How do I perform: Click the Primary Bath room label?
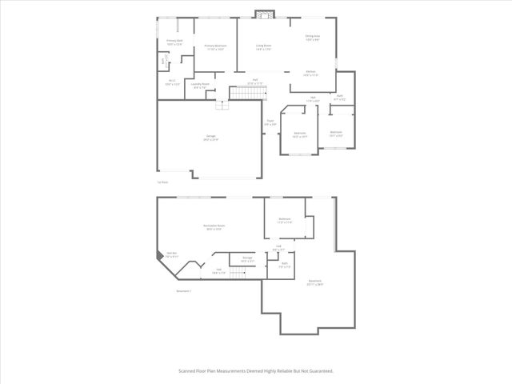pyautogui.click(x=175, y=41)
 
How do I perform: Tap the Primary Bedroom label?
pyautogui.click(x=215, y=46)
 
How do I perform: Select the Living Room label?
pyautogui.click(x=263, y=46)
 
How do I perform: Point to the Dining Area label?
pyautogui.click(x=312, y=37)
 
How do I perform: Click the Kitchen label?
pyautogui.click(x=310, y=72)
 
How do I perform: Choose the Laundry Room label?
pyautogui.click(x=200, y=84)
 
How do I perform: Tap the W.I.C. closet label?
pyautogui.click(x=172, y=81)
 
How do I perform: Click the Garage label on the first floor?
pyautogui.click(x=211, y=138)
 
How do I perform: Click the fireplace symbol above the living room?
pyautogui.click(x=263, y=14)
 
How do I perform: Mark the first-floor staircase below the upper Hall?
pyautogui.click(x=246, y=95)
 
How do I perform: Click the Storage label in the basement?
pyautogui.click(x=247, y=258)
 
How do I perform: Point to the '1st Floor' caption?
pyautogui.click(x=162, y=182)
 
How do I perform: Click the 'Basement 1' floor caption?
pyautogui.click(x=184, y=290)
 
